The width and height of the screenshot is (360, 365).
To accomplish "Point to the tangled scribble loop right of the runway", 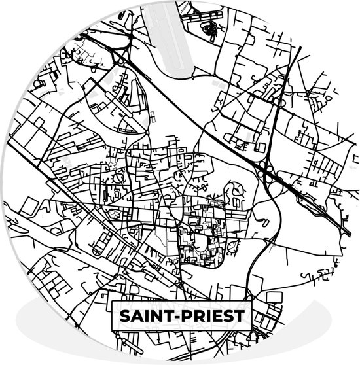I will coord(211,28).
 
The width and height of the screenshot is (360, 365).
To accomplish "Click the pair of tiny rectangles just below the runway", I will coord(152,116).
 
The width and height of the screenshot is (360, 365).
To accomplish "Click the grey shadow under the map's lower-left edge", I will coord(33,307).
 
